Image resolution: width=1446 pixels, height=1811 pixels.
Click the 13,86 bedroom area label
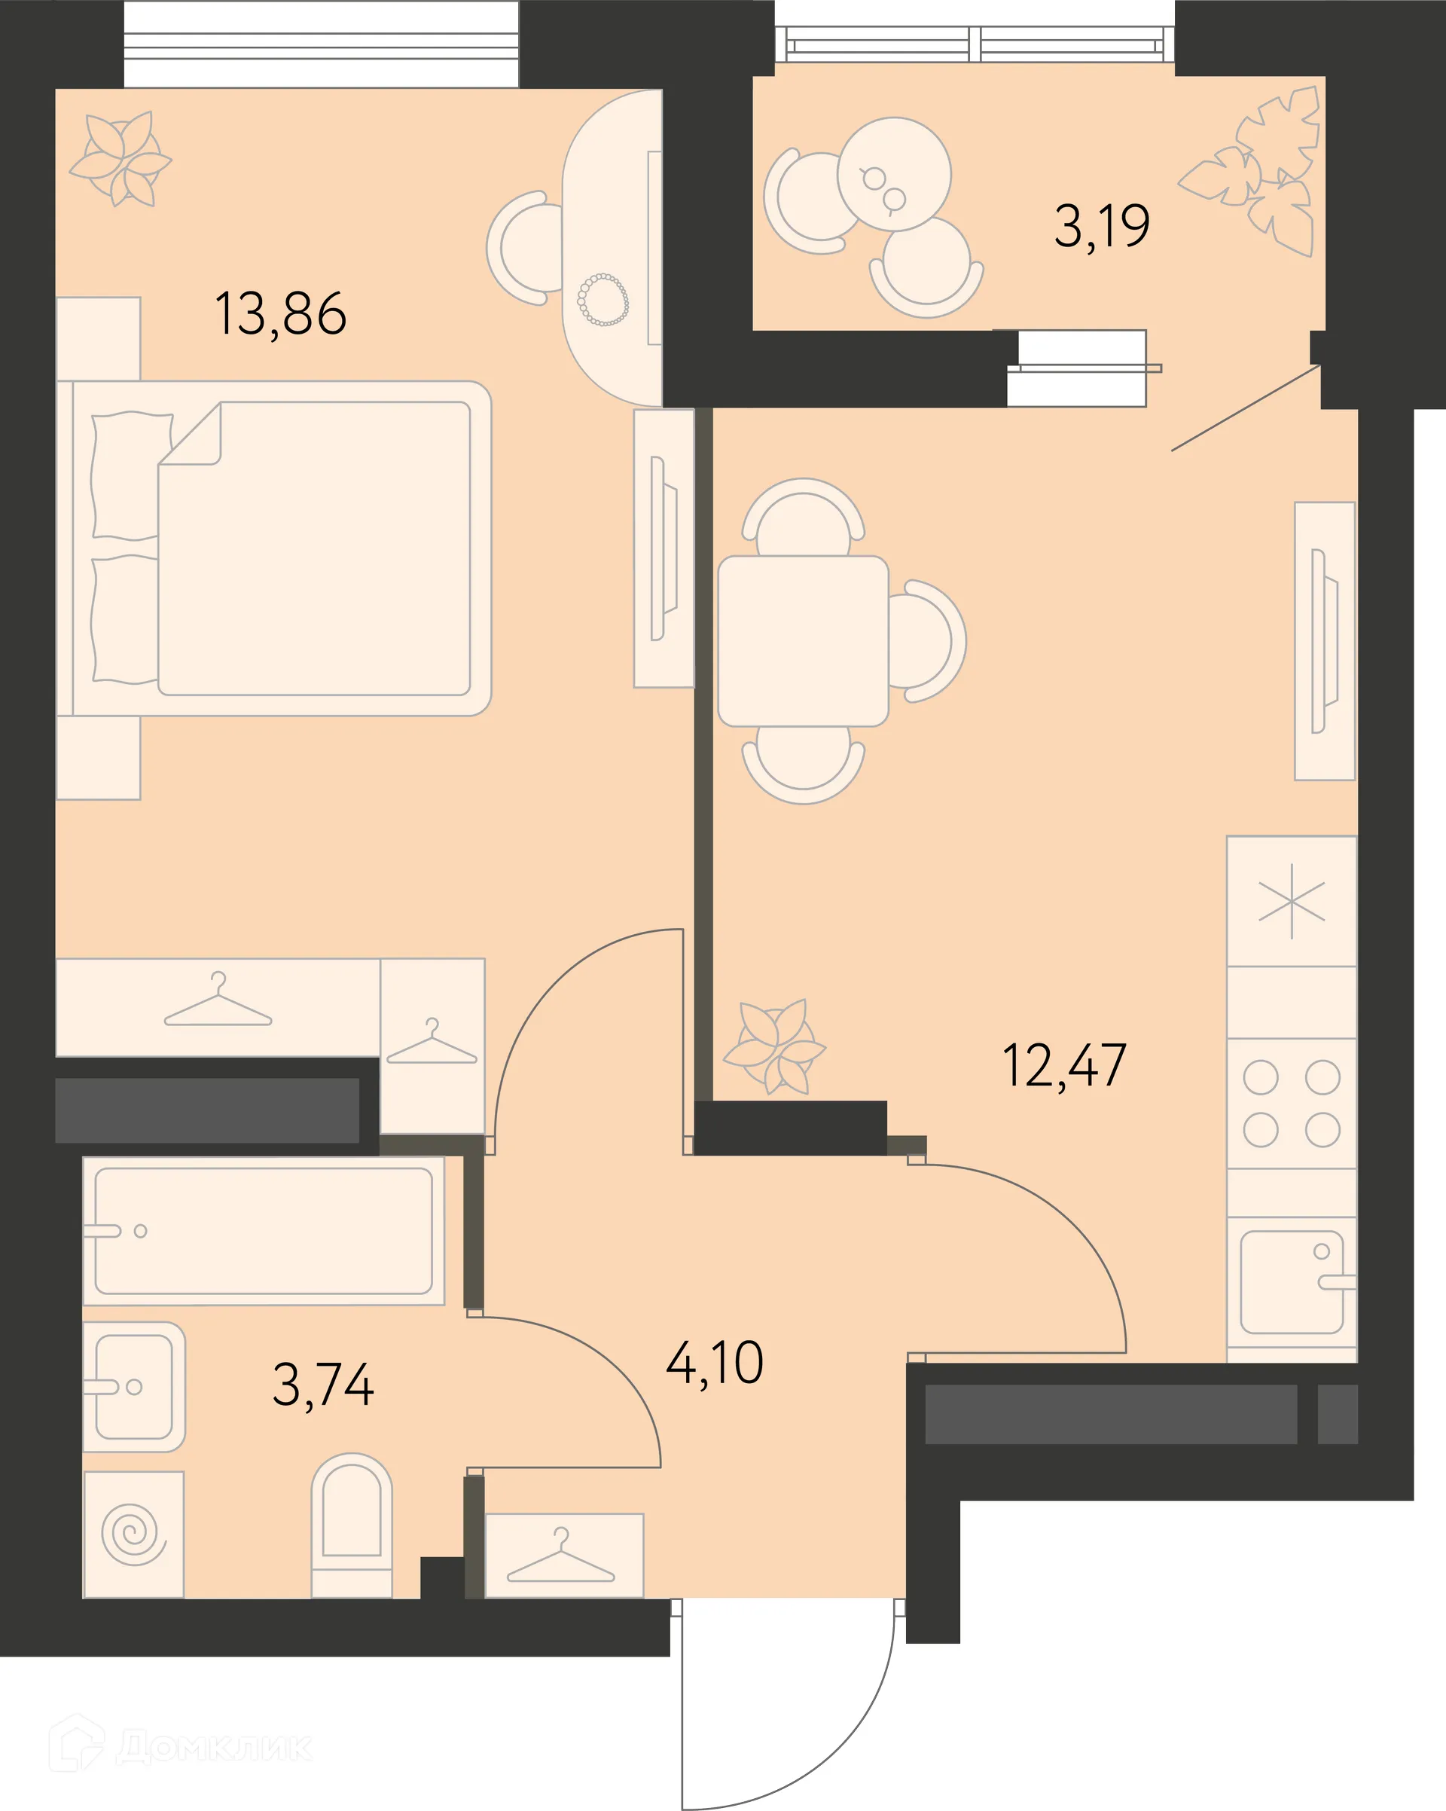point(280,314)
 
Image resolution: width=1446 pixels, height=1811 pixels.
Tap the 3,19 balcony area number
point(1102,226)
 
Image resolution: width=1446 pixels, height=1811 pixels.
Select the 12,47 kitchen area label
point(1064,1065)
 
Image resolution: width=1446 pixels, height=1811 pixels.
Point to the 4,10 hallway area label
point(715,1363)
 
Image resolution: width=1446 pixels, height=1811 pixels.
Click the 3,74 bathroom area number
point(323,1385)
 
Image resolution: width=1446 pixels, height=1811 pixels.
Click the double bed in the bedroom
point(273,548)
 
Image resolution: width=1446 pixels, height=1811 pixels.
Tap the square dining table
point(804,641)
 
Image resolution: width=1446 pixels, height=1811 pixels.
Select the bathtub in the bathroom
point(264,1232)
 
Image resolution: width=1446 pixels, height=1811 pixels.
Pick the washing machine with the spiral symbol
point(133,1534)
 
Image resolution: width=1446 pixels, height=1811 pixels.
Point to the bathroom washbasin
point(134,1387)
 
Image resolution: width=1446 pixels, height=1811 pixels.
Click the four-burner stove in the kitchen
point(1292,1104)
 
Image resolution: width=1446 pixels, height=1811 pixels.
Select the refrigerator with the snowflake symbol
point(1292,901)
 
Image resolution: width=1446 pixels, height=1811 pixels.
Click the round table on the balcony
point(894,174)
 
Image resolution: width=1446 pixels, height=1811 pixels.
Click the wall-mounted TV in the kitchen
point(1324,641)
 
